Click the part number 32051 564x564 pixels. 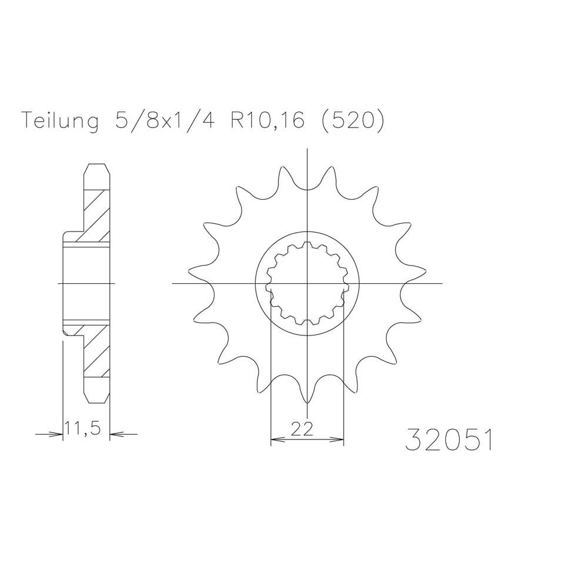448,439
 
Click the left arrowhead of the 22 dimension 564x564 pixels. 274,439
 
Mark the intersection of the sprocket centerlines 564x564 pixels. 307,284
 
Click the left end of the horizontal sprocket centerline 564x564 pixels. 174,284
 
